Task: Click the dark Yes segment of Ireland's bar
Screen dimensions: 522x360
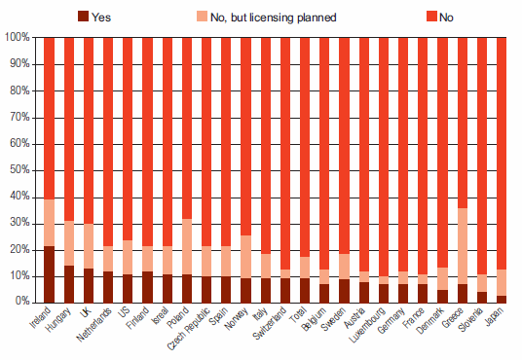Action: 50,274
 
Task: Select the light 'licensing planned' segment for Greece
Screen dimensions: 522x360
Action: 463,246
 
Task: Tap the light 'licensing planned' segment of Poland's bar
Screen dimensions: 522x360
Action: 187,246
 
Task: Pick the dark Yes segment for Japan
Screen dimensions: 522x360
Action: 502,300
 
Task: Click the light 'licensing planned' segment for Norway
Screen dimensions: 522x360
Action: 245,257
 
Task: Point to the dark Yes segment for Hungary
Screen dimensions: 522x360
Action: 69,284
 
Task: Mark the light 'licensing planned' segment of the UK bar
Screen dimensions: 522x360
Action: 89,246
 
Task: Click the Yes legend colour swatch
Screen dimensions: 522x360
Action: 83,16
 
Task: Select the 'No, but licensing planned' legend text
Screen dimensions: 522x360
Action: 274,18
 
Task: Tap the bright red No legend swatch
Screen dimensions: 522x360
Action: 431,16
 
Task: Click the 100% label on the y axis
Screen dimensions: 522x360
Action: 18,37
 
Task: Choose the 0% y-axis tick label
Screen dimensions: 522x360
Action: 22,302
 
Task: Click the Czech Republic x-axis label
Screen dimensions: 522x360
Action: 189,329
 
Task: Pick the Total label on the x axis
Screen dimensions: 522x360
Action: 298,314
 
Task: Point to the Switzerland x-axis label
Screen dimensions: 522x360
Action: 270,323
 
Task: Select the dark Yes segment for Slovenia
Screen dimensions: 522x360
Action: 482,298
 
